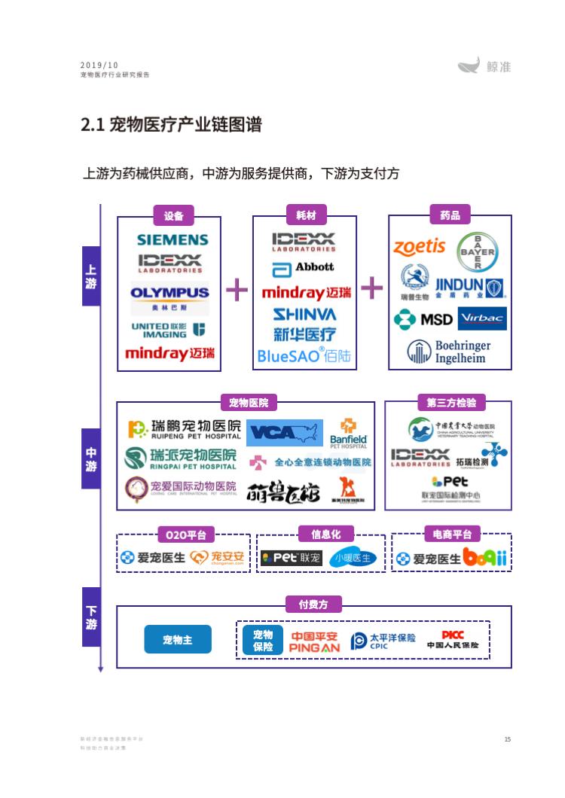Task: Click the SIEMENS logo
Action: point(173,240)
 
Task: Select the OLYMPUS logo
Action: point(169,292)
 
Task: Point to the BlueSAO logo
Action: point(304,355)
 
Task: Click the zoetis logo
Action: point(420,246)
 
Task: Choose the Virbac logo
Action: point(483,318)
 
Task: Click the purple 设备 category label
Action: point(173,215)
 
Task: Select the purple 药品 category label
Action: point(450,215)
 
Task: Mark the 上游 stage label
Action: point(91,276)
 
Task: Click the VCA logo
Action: point(284,433)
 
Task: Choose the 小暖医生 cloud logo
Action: point(353,558)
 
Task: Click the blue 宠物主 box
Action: point(178,639)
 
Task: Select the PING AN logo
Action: point(315,641)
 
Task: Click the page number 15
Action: point(508,739)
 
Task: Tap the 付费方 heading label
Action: point(313,605)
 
